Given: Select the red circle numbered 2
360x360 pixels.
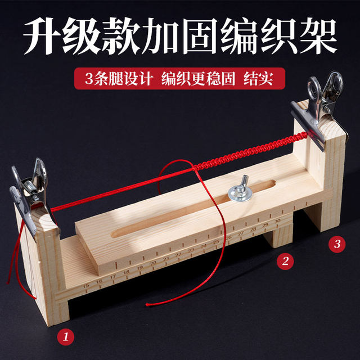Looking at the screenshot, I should [x=286, y=260].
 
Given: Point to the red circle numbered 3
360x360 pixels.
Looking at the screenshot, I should [x=337, y=244].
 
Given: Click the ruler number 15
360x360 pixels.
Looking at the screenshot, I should [x=85, y=284].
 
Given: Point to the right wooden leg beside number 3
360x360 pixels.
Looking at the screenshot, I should [x=326, y=214].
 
